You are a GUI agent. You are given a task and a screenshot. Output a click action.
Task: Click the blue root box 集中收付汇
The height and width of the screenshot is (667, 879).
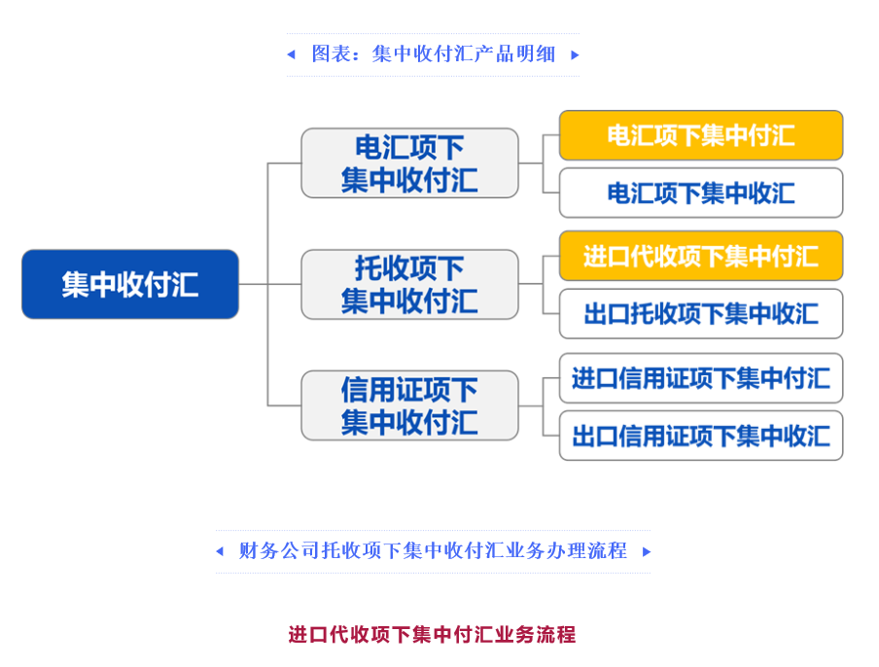[130, 284]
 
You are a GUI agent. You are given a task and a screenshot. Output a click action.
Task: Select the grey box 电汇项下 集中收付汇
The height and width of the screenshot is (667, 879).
[409, 163]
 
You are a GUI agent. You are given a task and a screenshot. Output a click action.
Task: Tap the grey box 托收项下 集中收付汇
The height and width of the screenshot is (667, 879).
[409, 284]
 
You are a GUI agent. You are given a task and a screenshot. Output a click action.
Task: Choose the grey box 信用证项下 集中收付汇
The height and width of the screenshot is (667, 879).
[409, 405]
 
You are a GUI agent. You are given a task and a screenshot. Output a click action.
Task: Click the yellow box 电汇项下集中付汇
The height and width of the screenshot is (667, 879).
[700, 135]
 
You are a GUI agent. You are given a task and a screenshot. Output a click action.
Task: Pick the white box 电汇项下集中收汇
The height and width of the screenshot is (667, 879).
[700, 193]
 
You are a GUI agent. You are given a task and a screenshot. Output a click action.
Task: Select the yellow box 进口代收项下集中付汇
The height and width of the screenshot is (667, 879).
[700, 256]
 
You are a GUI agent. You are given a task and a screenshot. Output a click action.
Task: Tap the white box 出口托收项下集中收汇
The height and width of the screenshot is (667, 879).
[700, 313]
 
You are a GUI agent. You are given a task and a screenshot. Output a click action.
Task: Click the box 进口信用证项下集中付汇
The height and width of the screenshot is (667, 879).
[700, 377]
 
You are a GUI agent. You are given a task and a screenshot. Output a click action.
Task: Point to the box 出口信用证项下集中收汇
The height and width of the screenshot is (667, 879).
[700, 435]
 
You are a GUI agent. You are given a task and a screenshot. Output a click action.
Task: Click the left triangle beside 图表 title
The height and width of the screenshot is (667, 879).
[291, 54]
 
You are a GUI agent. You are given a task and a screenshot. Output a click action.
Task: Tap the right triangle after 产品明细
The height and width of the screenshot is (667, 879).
[575, 54]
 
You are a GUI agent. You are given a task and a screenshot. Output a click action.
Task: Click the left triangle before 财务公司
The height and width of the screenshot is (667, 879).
[220, 551]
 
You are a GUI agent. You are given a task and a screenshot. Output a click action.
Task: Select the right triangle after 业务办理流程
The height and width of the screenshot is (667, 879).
[646, 551]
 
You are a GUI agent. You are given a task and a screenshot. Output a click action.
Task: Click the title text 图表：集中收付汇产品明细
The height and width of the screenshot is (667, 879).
[433, 54]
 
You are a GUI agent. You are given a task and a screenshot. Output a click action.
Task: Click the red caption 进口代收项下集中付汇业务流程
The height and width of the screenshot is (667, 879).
[432, 635]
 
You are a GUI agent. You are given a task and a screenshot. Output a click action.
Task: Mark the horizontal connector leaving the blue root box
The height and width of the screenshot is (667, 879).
[253, 284]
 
